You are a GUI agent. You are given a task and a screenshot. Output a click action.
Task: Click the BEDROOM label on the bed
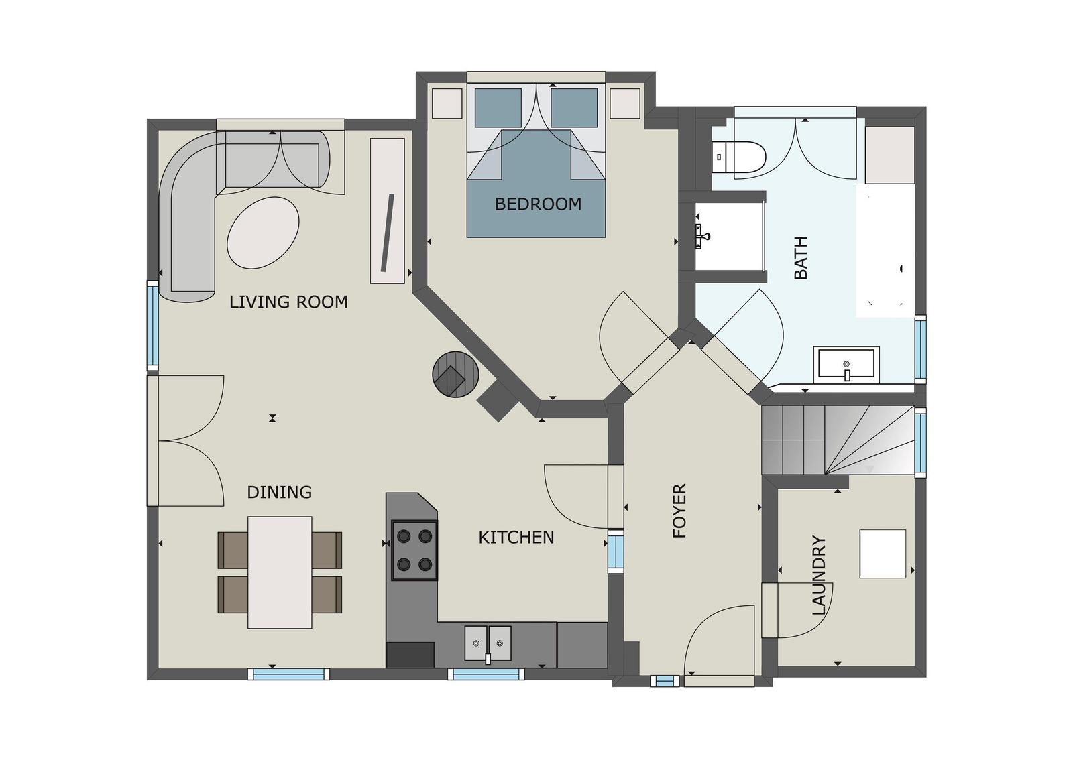[x=538, y=204]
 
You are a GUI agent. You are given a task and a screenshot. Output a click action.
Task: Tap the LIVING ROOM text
[x=288, y=302]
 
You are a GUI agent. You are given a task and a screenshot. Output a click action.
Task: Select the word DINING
[x=280, y=493]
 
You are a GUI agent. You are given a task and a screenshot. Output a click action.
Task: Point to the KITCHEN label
[x=516, y=538]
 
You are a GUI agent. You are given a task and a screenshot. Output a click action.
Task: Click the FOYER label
[x=680, y=511]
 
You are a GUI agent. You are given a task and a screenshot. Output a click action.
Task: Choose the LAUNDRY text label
[x=819, y=575]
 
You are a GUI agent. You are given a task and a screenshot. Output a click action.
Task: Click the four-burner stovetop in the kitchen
[x=414, y=550]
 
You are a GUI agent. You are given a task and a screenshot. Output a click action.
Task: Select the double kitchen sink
[x=488, y=643]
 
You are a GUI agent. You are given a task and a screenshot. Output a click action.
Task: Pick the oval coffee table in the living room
[x=263, y=232]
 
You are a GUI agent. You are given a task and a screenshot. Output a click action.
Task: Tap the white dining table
[x=280, y=572]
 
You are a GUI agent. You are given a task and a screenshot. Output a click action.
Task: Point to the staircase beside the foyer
[x=838, y=440]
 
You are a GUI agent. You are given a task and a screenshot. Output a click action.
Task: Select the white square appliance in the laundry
[x=883, y=554]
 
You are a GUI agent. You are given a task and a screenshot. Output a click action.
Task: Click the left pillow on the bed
[x=498, y=107]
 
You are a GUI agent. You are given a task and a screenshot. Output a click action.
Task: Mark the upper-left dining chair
[x=233, y=550]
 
